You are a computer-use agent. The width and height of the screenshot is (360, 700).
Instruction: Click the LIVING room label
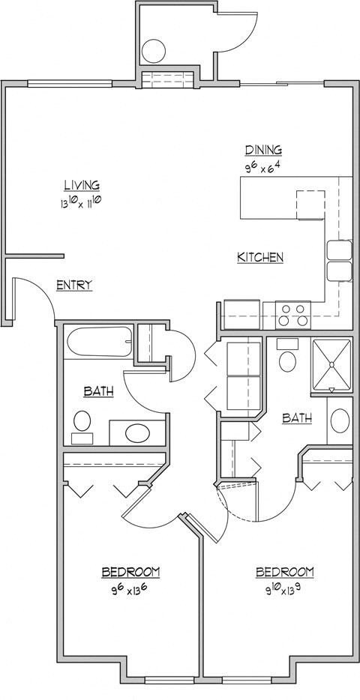click(82, 185)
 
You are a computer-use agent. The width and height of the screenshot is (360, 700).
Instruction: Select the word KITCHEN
click(260, 258)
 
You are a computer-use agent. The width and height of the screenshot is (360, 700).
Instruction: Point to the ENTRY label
click(74, 285)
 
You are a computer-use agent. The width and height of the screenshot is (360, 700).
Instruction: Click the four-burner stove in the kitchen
click(293, 314)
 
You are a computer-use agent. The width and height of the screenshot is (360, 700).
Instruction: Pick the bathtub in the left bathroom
click(100, 343)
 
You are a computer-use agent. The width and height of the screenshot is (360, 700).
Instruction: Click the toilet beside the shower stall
click(286, 360)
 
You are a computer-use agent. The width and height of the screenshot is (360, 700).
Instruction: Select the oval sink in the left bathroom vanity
click(136, 432)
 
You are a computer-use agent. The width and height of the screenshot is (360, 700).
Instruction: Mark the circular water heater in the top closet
click(153, 50)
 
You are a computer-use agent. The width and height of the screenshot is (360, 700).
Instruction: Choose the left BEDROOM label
click(130, 573)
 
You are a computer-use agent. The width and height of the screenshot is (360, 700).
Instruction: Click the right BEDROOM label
click(284, 573)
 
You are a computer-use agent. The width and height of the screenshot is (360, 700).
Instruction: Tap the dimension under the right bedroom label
click(284, 589)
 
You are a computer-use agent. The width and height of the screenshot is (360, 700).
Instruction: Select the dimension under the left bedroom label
click(130, 589)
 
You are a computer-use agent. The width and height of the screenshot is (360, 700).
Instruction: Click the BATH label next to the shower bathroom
click(297, 418)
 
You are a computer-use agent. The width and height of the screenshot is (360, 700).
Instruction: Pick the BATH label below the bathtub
click(98, 391)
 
